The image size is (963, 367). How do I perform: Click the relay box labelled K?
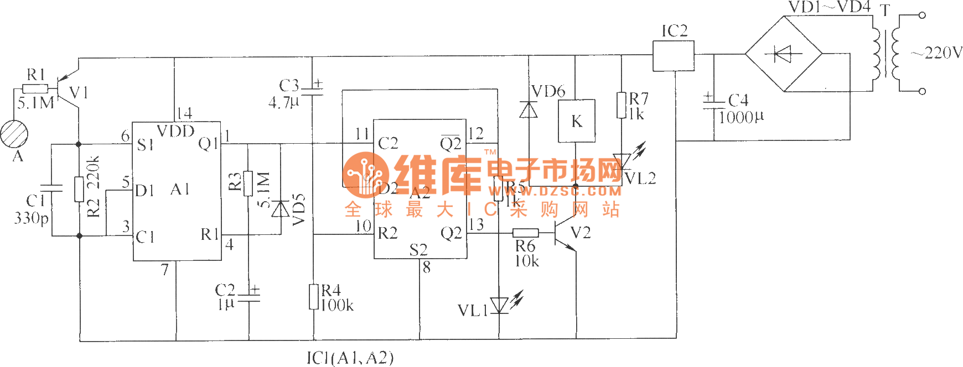pos(576,121)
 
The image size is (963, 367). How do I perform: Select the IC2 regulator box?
pos(674,56)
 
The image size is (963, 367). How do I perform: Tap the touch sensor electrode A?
pos(14,134)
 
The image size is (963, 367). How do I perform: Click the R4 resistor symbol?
pos(314,297)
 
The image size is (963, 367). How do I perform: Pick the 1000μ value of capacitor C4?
pos(741,117)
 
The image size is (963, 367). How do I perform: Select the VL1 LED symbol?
pos(499,305)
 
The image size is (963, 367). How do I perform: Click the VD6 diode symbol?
pos(529,110)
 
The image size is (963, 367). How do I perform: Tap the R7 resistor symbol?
pos(622,106)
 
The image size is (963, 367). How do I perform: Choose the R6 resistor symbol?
pos(525,233)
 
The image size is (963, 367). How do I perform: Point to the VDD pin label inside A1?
pos(175,131)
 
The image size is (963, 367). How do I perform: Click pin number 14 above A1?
pos(184,114)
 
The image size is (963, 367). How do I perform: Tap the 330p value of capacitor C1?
pos(31,218)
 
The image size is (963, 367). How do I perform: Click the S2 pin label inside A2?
pos(418,250)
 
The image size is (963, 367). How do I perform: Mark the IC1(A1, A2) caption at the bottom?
pos(350,358)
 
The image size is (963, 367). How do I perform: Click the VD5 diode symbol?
pos(281,209)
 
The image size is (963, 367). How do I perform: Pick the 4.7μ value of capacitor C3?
pos(283,102)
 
